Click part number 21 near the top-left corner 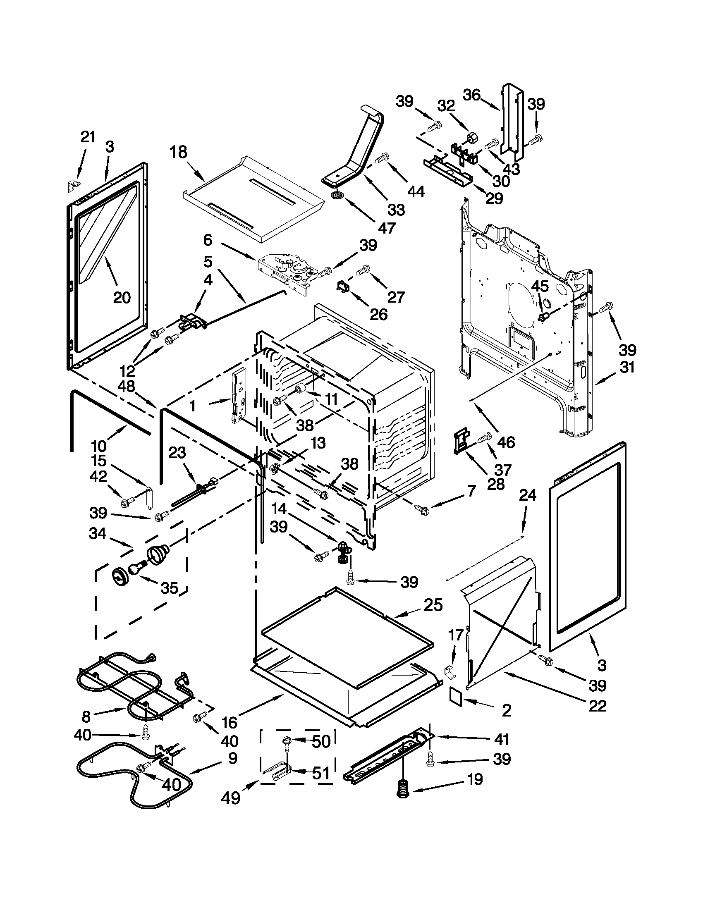pos(88,137)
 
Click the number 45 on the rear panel pos(540,286)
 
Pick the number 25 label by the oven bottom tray pos(433,604)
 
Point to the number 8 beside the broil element pos(86,716)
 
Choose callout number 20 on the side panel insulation pos(122,297)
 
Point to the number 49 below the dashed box pos(230,798)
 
